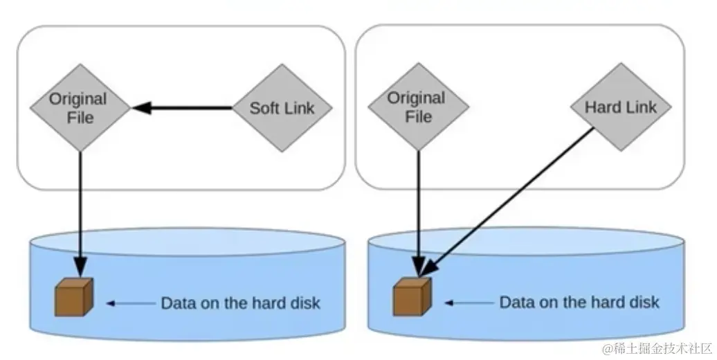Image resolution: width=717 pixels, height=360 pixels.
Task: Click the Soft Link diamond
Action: pyautogui.click(x=282, y=108)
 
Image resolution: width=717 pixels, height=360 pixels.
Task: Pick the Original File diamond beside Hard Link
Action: pyautogui.click(x=418, y=107)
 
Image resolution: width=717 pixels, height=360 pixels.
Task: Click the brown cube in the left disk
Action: pyautogui.click(x=73, y=298)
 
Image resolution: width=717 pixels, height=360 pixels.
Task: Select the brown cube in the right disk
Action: pyautogui.click(x=412, y=298)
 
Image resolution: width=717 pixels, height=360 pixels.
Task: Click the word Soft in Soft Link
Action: pyautogui.click(x=264, y=108)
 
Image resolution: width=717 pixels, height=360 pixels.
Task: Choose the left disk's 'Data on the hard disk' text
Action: pyautogui.click(x=240, y=303)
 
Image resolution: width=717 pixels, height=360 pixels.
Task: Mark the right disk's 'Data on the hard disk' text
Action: pyautogui.click(x=579, y=303)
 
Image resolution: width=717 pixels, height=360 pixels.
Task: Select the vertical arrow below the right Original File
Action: pyautogui.click(x=419, y=208)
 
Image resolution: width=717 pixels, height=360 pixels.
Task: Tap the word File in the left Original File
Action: pyautogui.click(x=80, y=117)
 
